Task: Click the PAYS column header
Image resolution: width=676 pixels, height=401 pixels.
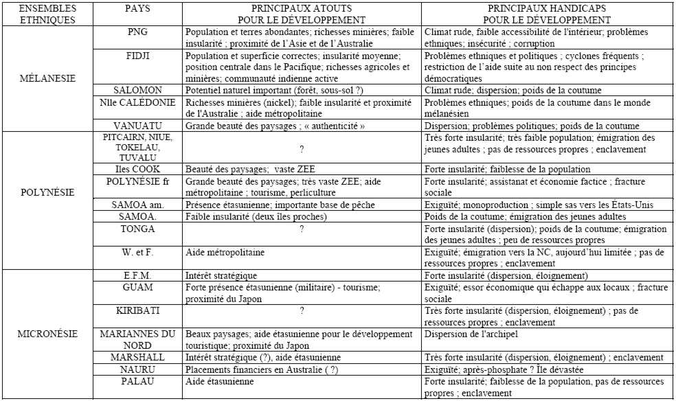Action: (x=138, y=10)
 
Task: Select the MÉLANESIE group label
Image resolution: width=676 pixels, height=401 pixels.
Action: (x=45, y=79)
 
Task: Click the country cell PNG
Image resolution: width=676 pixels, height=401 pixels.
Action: (x=138, y=32)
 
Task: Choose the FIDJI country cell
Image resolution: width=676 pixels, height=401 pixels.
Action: (x=138, y=52)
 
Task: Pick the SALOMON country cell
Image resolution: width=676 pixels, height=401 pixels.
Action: (x=138, y=89)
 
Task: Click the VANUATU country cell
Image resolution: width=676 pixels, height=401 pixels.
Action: (x=138, y=126)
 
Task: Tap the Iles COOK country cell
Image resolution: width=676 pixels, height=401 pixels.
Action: (x=138, y=169)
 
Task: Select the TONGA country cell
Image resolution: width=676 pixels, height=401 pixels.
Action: (x=138, y=229)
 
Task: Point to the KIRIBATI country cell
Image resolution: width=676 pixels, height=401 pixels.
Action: (x=138, y=310)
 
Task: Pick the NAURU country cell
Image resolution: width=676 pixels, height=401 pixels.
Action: (x=138, y=369)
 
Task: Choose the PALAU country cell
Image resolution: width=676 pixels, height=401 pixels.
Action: (x=138, y=379)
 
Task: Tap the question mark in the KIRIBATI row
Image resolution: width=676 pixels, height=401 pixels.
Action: (x=302, y=311)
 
